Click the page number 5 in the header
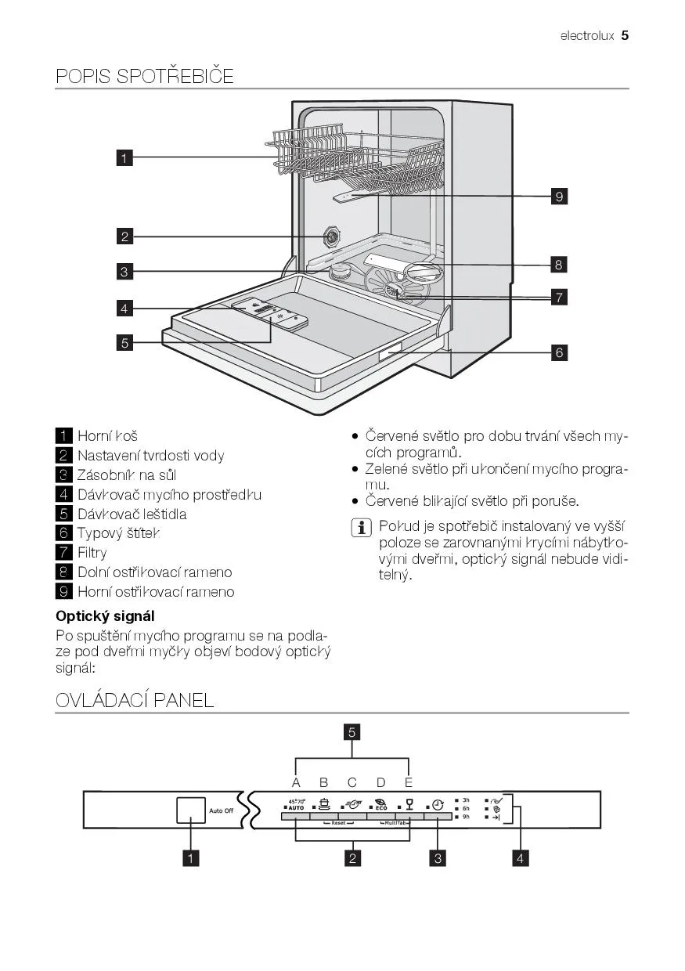click(x=626, y=35)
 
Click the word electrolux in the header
click(x=587, y=36)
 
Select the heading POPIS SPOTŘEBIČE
click(x=145, y=76)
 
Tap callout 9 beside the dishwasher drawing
click(x=558, y=197)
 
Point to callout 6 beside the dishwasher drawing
click(x=559, y=352)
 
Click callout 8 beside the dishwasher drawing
click(x=558, y=265)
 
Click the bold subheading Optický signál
click(x=105, y=615)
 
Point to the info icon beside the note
click(x=362, y=528)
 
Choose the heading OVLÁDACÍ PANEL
click(x=135, y=700)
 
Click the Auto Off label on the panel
click(x=221, y=810)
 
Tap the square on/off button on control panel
click(x=191, y=810)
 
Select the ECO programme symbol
click(x=380, y=803)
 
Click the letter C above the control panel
click(x=352, y=781)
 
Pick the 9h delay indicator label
click(x=466, y=817)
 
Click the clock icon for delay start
click(x=438, y=804)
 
